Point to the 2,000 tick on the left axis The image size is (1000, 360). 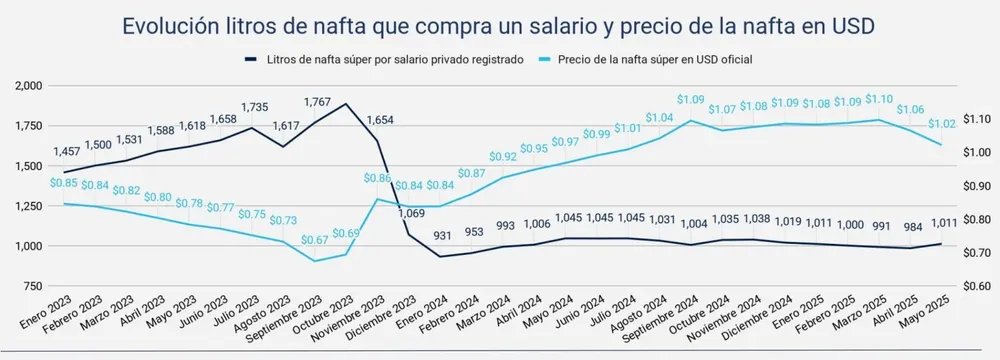[28, 87]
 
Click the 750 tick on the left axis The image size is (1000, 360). [32, 286]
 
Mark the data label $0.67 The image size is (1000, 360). [316, 240]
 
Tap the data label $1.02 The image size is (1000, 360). [940, 125]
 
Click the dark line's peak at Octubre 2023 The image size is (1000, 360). [346, 104]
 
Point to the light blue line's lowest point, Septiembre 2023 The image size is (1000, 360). [315, 261]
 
